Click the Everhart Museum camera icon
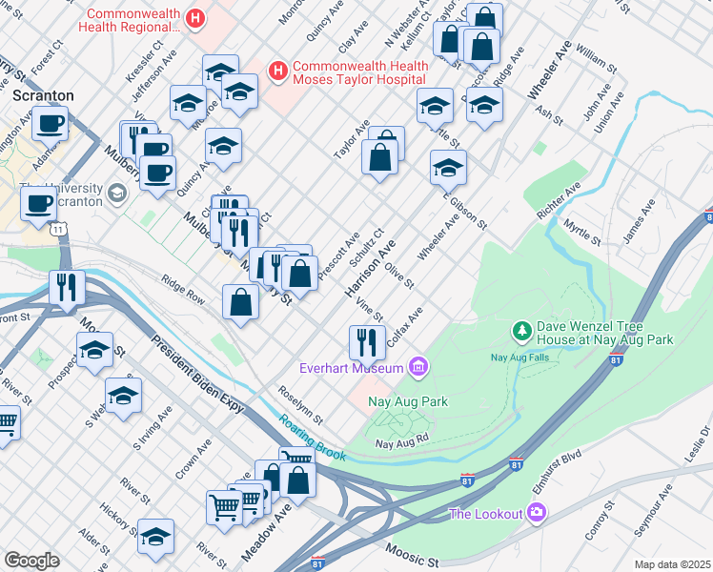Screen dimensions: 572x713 [417, 366]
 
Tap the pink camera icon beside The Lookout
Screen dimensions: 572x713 [538, 515]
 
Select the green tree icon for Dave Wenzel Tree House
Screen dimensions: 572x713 [521, 331]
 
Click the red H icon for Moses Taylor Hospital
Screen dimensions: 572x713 [277, 71]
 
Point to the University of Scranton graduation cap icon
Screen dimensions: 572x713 [116, 194]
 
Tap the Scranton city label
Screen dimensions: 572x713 [42, 96]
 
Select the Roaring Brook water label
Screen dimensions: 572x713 [312, 438]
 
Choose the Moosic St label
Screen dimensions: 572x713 [413, 552]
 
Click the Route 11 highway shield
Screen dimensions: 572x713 [59, 230]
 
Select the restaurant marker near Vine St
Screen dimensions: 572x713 [367, 339]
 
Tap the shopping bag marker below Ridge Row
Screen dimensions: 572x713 [240, 303]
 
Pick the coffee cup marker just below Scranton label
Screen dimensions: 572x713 [50, 123]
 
